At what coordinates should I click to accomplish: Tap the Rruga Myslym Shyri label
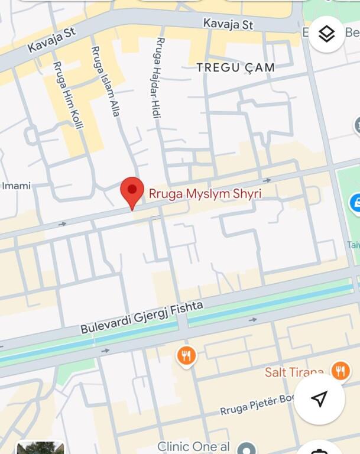pyautogui.click(x=205, y=194)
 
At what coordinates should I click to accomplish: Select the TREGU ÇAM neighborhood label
pyautogui.click(x=236, y=67)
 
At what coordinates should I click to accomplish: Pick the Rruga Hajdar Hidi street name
pyautogui.click(x=158, y=77)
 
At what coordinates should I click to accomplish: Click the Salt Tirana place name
pyautogui.click(x=294, y=372)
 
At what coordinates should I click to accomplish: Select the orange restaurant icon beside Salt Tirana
pyautogui.click(x=340, y=371)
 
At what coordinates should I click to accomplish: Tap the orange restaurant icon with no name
pyautogui.click(x=186, y=355)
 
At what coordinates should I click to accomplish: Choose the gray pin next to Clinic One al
pyautogui.click(x=247, y=447)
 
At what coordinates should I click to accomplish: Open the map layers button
pyautogui.click(x=326, y=34)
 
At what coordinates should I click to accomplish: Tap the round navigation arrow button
pyautogui.click(x=319, y=399)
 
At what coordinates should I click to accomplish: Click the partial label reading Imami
pyautogui.click(x=16, y=186)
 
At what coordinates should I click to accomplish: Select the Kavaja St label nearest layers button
pyautogui.click(x=228, y=24)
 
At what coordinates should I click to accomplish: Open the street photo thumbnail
pyautogui.click(x=40, y=447)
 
